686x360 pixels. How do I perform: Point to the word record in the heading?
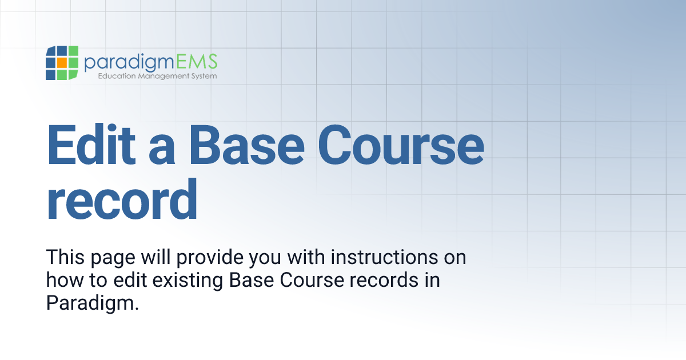[x=122, y=200]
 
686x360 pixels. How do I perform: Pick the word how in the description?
[x=61, y=280]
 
